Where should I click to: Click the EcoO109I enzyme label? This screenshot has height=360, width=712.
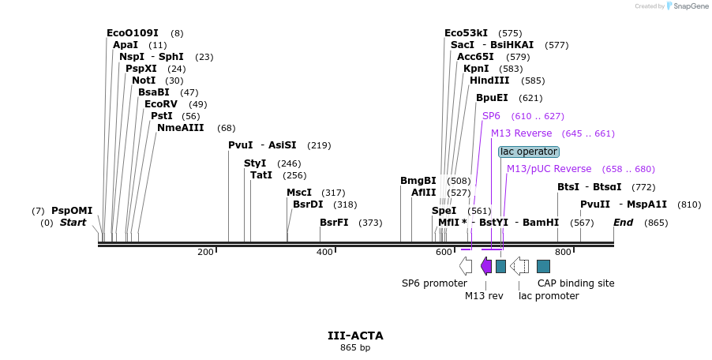coord(133,33)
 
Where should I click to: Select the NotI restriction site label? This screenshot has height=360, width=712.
coord(144,81)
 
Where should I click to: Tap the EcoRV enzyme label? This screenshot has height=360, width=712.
coord(161,104)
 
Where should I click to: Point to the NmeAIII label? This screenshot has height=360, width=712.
coord(180,128)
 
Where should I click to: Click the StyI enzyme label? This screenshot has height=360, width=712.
coord(255,163)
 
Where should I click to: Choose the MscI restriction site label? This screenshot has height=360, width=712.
coord(299,193)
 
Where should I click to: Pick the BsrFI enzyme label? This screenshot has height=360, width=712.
coord(334,223)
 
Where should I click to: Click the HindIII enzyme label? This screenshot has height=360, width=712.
coord(489,81)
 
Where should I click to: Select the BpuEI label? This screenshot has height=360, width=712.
coord(492,98)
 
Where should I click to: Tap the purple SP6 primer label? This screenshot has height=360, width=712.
coord(492,116)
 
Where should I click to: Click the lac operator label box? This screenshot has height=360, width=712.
coord(529,152)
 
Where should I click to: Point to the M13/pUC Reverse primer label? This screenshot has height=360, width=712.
coord(549,169)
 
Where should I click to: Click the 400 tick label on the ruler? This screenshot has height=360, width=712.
coord(324,252)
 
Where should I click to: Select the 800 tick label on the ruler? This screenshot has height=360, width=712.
coord(563,252)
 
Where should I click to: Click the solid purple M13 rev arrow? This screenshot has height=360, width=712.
coord(486,266)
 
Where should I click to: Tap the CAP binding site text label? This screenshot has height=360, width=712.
coord(575,283)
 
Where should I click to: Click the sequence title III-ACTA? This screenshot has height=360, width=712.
coord(355,336)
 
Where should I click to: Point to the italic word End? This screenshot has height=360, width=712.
coord(624,223)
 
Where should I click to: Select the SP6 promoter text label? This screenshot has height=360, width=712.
coord(434,283)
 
